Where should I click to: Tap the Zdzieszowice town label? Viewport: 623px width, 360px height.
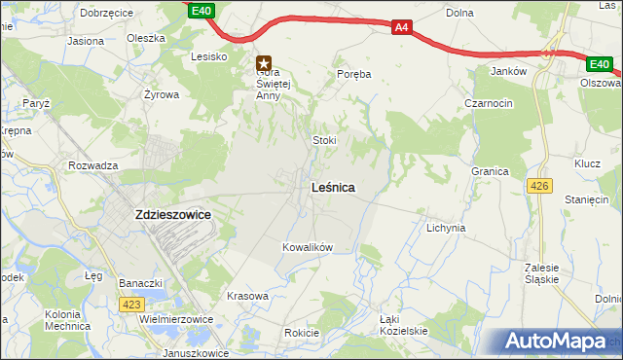click(169, 217)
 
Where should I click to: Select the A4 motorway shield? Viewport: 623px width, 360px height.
click(402, 28)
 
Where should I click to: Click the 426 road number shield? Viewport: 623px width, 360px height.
click(537, 185)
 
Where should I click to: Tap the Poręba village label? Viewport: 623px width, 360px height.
click(354, 73)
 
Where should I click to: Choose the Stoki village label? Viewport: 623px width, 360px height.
click(324, 140)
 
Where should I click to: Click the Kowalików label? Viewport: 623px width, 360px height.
click(308, 247)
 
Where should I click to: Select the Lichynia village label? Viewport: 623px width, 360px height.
click(446, 228)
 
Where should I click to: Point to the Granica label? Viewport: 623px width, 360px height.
click(491, 171)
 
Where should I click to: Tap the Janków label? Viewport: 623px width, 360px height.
click(509, 71)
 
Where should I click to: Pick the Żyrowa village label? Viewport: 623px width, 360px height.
click(161, 95)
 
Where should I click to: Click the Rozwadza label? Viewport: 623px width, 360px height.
click(93, 165)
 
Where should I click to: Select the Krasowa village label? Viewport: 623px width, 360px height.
click(246, 296)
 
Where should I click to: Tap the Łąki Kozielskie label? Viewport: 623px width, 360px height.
click(404, 326)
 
